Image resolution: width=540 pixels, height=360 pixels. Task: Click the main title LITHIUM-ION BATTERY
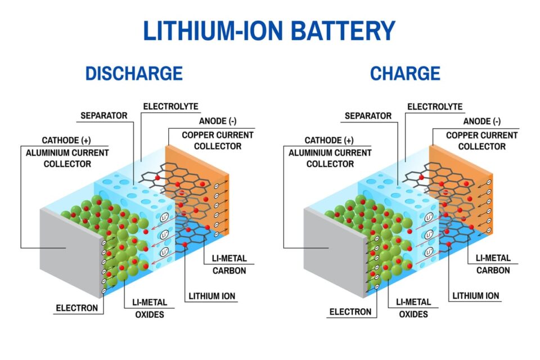(x=269, y=31)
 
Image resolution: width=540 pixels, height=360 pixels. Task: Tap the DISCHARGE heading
(x=134, y=74)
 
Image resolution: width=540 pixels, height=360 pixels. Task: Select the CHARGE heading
(x=405, y=74)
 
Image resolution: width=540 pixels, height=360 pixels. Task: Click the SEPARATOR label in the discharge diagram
(x=104, y=116)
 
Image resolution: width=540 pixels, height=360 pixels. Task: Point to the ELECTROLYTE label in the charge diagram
(x=435, y=106)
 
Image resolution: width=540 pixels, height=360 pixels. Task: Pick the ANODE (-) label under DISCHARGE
(x=217, y=121)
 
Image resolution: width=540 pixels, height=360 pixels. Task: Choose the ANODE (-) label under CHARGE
(x=481, y=121)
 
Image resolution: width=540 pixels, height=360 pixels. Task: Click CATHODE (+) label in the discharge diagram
(x=66, y=140)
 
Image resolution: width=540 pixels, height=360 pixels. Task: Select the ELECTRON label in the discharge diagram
(x=76, y=308)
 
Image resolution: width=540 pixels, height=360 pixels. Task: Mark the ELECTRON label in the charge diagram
(x=350, y=312)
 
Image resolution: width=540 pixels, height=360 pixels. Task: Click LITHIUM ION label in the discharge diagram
(x=211, y=296)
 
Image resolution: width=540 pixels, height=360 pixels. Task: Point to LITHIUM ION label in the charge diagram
(x=476, y=296)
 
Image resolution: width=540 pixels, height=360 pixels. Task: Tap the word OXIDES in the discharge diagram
(x=149, y=314)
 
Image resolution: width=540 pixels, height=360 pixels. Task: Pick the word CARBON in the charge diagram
(x=494, y=271)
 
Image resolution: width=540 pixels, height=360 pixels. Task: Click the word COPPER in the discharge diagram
(x=197, y=135)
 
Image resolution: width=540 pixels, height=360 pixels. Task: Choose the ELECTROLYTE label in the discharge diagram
(x=170, y=106)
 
